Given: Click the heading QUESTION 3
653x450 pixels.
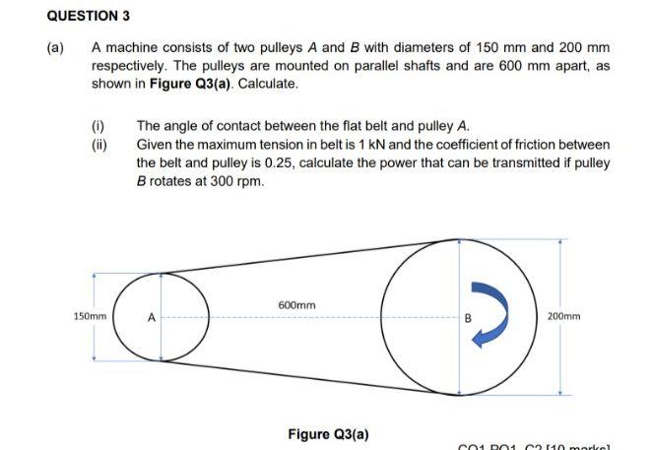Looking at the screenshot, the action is point(90,16).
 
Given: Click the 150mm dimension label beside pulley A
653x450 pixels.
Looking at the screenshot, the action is point(90,317).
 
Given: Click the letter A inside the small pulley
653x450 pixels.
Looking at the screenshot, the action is point(152,317).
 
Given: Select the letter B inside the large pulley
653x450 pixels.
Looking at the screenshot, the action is point(470,317).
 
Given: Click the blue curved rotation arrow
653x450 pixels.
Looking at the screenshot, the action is point(489,314).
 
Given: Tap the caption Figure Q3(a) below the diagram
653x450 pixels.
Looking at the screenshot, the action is point(330,433).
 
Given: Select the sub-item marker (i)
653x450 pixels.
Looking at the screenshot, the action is point(98,127).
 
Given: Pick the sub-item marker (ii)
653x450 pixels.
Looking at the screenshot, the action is point(98,145).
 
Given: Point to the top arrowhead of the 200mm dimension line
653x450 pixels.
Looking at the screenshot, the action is point(560,242).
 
